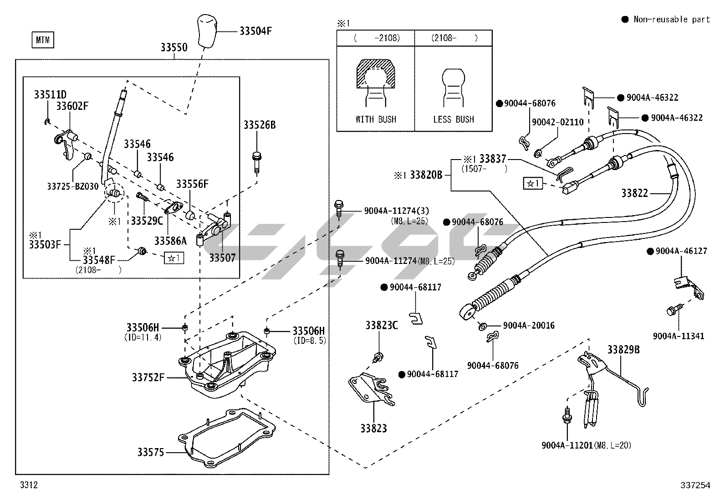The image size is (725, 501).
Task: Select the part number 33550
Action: pyautogui.click(x=174, y=47)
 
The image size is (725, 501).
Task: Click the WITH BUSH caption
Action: pyautogui.click(x=376, y=119)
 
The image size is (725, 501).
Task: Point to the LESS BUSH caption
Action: pyautogui.click(x=454, y=119)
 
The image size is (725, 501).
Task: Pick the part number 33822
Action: pyautogui.click(x=634, y=193)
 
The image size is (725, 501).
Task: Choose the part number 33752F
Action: pyautogui.click(x=148, y=377)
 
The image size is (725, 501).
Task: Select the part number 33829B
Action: pyautogui.click(x=623, y=350)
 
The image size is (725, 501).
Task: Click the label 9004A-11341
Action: pyautogui.click(x=678, y=336)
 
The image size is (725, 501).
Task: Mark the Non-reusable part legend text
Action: pyautogui.click(x=672, y=19)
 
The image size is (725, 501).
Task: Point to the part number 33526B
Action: pyautogui.click(x=259, y=125)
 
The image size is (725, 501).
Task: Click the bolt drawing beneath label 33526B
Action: pyautogui.click(x=256, y=161)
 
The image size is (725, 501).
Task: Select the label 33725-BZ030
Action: pyautogui.click(x=73, y=186)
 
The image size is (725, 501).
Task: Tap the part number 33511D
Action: pyautogui.click(x=50, y=95)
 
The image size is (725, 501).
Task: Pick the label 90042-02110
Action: pyautogui.click(x=557, y=122)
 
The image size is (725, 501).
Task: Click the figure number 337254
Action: pyautogui.click(x=694, y=486)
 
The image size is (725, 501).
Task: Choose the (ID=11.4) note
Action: pyautogui.click(x=143, y=338)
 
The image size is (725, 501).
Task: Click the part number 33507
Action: pyautogui.click(x=222, y=258)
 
